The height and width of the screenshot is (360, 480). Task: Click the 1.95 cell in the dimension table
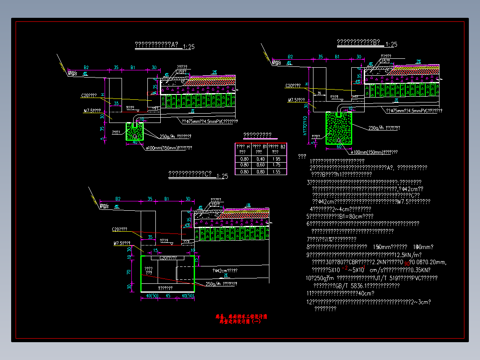[276, 159]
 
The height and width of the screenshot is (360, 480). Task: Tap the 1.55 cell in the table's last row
[276, 172]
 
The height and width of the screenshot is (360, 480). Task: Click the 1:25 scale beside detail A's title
[188, 46]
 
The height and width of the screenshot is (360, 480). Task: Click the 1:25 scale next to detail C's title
[222, 176]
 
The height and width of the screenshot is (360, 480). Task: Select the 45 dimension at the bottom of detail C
[168, 296]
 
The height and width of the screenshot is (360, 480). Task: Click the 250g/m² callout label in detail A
[175, 136]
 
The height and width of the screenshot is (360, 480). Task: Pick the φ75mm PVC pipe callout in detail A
[209, 121]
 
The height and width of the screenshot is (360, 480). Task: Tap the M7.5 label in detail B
[296, 100]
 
